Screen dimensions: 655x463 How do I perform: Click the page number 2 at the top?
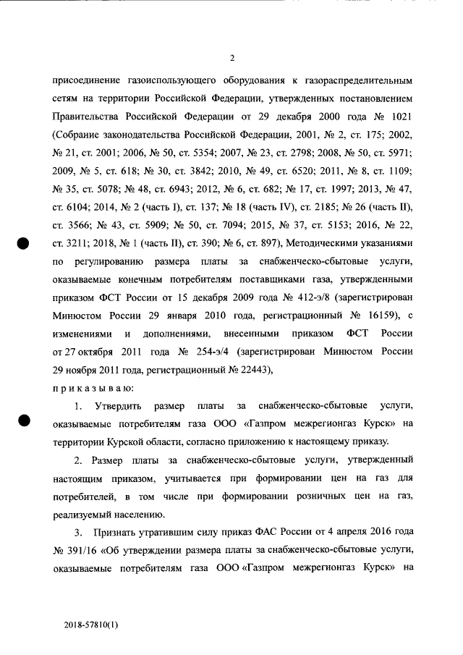pos(231,58)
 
